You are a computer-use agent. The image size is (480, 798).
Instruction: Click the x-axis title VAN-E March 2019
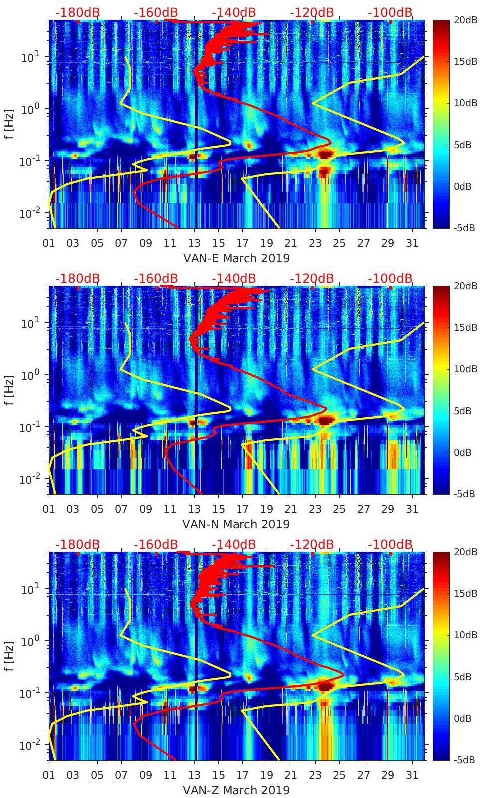click(237, 258)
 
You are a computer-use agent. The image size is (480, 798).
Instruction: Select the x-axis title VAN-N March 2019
click(237, 524)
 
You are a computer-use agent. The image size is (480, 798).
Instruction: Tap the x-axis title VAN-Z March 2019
click(237, 790)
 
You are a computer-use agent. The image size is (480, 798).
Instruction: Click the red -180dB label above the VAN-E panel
click(77, 12)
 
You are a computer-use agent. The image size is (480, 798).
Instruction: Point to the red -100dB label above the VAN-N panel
click(390, 278)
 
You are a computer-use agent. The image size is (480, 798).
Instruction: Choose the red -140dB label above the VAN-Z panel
click(234, 544)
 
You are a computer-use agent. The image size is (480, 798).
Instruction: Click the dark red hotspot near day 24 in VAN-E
click(325, 154)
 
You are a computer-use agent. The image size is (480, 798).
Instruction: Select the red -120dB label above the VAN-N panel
click(312, 278)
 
